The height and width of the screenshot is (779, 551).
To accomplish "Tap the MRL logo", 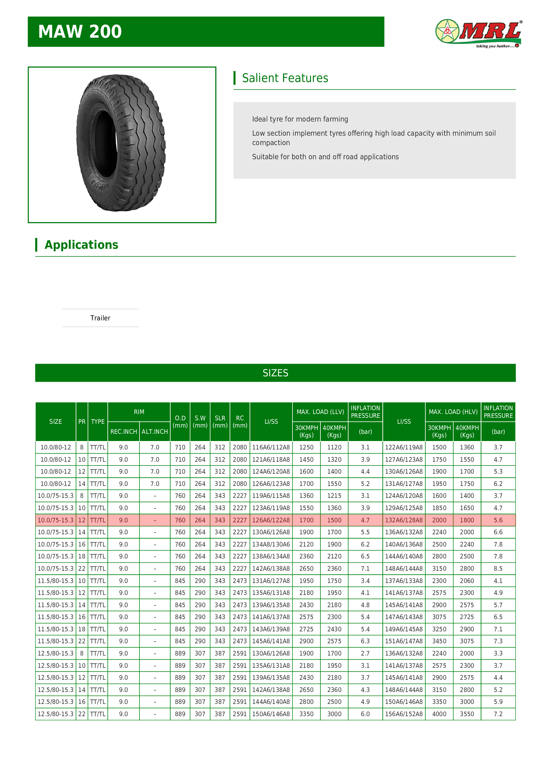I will click(478, 33).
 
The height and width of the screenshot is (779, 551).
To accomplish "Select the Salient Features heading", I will click(285, 78).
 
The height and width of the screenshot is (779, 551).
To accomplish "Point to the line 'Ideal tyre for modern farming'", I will click(300, 119).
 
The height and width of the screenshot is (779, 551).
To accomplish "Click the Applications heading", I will click(81, 245).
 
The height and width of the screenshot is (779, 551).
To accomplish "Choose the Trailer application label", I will click(100, 318).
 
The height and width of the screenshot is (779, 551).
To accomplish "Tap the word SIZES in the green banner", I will click(275, 373).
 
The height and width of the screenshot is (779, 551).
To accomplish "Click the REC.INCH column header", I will click(123, 432).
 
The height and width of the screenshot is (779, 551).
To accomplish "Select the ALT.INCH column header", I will click(155, 432).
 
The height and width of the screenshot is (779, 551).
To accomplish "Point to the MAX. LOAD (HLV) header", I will click(453, 412).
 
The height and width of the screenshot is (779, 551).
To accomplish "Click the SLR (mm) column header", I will click(220, 422).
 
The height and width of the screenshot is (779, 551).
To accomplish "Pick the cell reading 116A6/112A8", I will click(271, 447).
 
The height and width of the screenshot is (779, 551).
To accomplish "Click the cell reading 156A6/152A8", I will click(404, 714).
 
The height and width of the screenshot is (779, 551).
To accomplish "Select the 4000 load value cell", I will click(439, 714).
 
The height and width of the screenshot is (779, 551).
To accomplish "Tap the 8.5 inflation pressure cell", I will click(498, 568).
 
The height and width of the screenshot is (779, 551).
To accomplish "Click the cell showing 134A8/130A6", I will click(271, 544).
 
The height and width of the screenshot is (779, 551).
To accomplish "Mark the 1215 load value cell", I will click(334, 496).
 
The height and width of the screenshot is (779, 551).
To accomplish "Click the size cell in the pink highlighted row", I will click(55, 520).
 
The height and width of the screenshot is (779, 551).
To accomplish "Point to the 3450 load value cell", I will click(439, 641).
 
